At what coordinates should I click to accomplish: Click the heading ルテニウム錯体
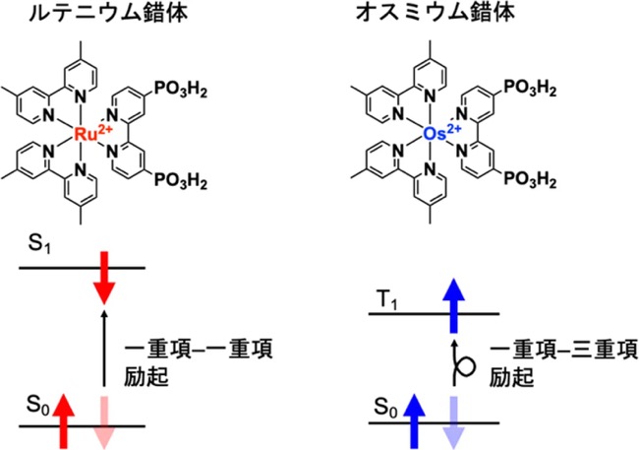pos(109,12)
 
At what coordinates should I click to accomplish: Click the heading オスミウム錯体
pos(436,12)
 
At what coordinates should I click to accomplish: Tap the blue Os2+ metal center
pos(442,133)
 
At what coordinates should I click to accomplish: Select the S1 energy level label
pos(39,244)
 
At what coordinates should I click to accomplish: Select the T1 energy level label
pos(387,301)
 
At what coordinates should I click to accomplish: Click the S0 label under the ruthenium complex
pos(38,406)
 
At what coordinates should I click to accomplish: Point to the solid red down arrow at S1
pos(105,278)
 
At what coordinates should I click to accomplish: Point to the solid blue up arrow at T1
pos(453,305)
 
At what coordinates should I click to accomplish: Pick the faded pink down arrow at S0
pos(105,422)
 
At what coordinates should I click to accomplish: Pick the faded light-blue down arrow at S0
pos(453,422)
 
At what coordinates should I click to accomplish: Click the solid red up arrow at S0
pos(64,421)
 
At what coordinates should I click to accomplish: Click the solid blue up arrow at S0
pos(414,421)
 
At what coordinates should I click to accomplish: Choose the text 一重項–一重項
pos(198,350)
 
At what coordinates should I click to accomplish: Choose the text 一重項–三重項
pos(563,350)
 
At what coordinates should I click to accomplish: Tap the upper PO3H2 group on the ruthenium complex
pos(180,90)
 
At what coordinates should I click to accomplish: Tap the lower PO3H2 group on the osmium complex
pos(530,179)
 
